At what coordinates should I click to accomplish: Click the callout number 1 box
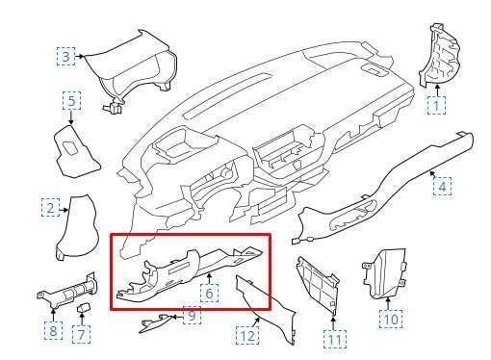pyautogui.click(x=436, y=104)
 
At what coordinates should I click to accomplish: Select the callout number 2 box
pyautogui.click(x=50, y=207)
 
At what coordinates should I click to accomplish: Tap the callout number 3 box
pyautogui.click(x=65, y=57)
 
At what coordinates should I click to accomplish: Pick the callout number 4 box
pyautogui.click(x=441, y=184)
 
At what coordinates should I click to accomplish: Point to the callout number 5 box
pyautogui.click(x=72, y=100)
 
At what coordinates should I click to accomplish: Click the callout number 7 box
pyautogui.click(x=83, y=333)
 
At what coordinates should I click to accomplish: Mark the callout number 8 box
pyautogui.click(x=53, y=332)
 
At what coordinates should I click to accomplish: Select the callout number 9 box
pyautogui.click(x=192, y=316)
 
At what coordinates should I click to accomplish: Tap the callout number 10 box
pyautogui.click(x=390, y=317)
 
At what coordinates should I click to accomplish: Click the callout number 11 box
pyautogui.click(x=333, y=339)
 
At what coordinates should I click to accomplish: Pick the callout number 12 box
pyautogui.click(x=247, y=336)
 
